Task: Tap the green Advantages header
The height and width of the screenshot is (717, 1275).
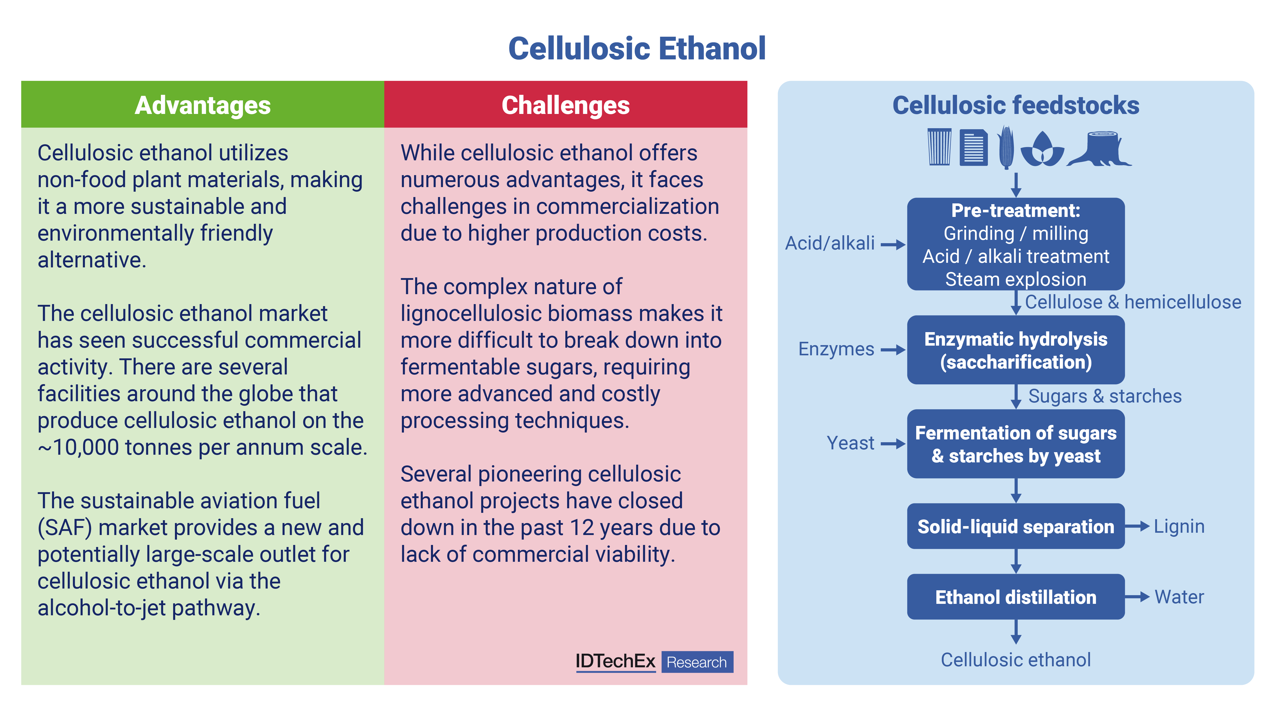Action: [x=202, y=105]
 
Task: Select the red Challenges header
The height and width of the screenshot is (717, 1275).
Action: [x=566, y=105]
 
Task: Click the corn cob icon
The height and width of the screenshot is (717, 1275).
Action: [x=1006, y=148]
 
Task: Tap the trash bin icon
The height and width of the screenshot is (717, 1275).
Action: [x=939, y=147]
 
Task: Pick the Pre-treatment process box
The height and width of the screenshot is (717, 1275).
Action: [x=1016, y=244]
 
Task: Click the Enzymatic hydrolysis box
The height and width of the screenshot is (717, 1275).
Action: [x=1016, y=350]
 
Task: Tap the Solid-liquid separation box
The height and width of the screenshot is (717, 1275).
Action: [x=1016, y=526]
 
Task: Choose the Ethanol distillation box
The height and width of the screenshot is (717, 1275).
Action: [x=1016, y=597]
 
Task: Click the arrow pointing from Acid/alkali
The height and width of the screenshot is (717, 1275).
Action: [x=893, y=244]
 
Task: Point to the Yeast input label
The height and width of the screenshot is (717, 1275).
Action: [x=850, y=443]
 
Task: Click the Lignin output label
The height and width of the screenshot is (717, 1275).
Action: [x=1179, y=527]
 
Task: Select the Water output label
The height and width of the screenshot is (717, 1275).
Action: [x=1179, y=597]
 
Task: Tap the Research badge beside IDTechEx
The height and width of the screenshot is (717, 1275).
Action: [x=697, y=662]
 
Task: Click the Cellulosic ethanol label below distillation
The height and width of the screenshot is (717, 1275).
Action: [x=1016, y=660]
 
